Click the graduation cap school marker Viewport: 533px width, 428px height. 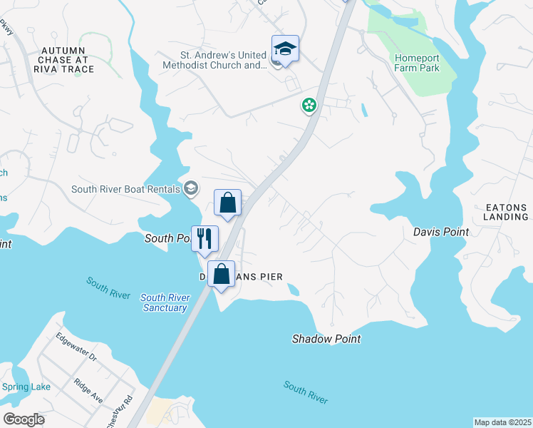[285, 49]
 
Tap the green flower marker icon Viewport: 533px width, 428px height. [309, 106]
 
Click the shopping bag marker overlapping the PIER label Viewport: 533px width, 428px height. [222, 274]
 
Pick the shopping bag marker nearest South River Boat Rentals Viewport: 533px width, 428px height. [228, 203]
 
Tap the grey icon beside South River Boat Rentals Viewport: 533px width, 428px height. [190, 188]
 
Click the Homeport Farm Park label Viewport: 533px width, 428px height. [417, 63]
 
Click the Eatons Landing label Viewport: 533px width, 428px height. [506, 211]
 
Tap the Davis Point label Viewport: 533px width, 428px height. [441, 232]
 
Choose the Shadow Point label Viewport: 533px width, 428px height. [326, 339]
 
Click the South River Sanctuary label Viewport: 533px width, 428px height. [164, 302]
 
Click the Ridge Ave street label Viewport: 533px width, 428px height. [88, 391]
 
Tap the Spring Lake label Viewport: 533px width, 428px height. [26, 387]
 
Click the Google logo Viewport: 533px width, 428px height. [24, 419]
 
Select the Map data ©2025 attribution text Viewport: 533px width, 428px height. [502, 422]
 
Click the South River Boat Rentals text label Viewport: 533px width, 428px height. [125, 189]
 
